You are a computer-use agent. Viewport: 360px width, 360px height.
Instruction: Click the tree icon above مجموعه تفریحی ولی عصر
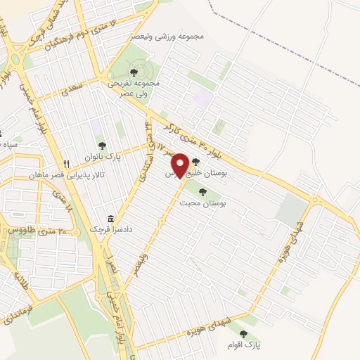click(134, 72)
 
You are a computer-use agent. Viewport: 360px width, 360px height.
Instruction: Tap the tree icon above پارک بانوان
click(103, 146)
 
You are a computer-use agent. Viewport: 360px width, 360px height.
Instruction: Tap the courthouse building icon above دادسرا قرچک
click(110, 219)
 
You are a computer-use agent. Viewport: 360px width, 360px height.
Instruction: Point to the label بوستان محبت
click(203, 203)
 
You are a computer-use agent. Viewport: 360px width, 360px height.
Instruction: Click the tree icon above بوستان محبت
click(203, 191)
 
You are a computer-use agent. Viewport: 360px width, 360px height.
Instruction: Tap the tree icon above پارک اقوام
click(243, 335)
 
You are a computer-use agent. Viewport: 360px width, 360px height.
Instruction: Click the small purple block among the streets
click(204, 96)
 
